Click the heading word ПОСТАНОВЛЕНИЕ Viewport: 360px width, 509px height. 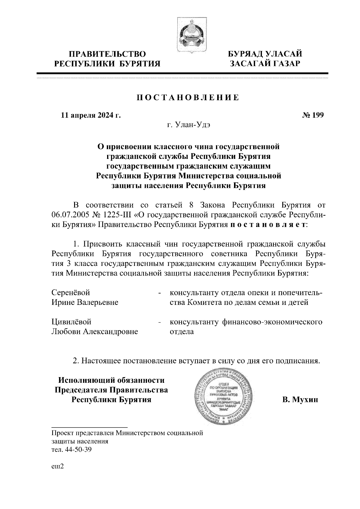point(188,98)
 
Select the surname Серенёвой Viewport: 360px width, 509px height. point(71,292)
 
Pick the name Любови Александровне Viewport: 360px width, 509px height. point(95,332)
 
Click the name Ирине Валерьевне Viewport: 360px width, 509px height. point(85,302)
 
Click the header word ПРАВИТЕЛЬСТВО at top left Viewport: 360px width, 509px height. point(107,54)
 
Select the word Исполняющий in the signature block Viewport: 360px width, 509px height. point(85,380)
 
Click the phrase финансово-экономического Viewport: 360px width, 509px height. point(272,322)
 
